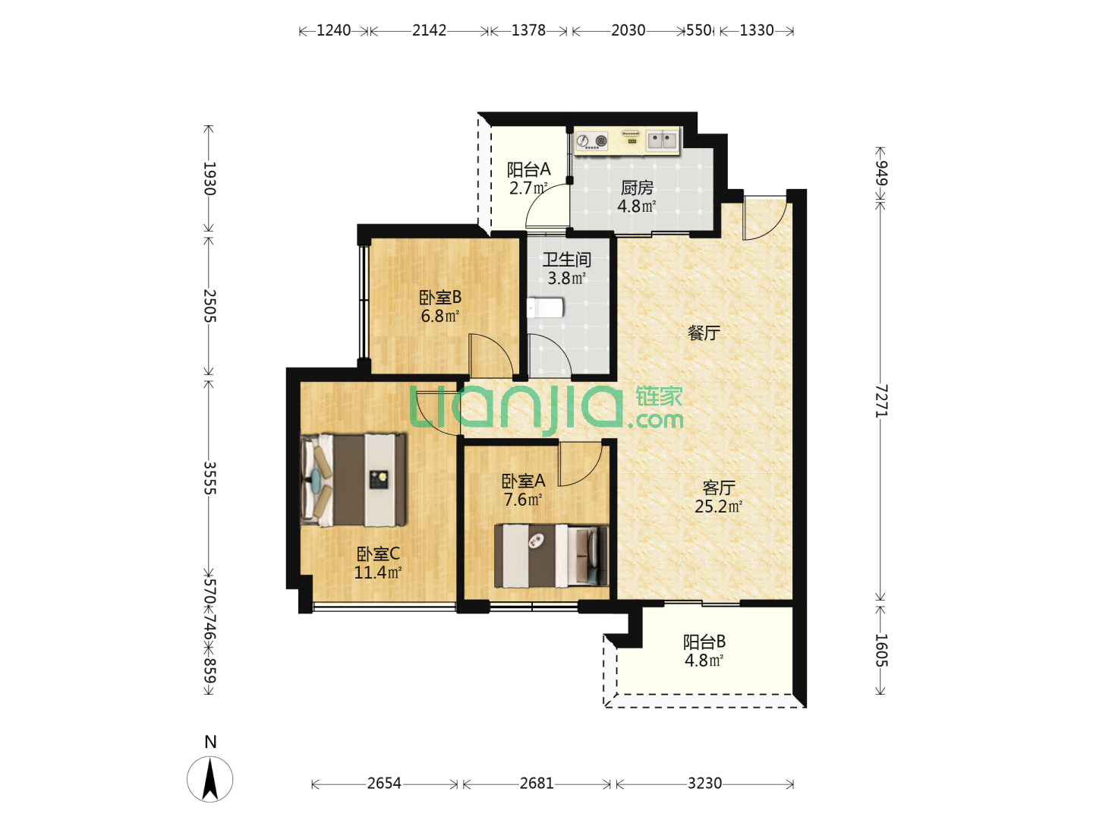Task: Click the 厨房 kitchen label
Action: (x=636, y=188)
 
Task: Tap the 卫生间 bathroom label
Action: (x=567, y=260)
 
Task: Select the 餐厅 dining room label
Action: (x=704, y=333)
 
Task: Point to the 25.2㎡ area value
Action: (x=718, y=506)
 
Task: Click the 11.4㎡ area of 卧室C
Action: (x=377, y=572)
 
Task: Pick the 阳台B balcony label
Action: (x=704, y=642)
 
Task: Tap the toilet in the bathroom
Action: (x=545, y=307)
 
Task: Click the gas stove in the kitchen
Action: (x=592, y=141)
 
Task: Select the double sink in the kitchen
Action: (x=662, y=140)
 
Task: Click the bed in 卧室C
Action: (x=353, y=479)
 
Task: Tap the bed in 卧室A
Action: (x=551, y=556)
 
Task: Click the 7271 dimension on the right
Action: (x=881, y=401)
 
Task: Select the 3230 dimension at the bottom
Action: (x=704, y=784)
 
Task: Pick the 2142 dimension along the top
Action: (x=429, y=30)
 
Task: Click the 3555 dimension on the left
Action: (x=209, y=478)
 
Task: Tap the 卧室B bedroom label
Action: (x=439, y=297)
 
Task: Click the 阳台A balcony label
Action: (x=528, y=170)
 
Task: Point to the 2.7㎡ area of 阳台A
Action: (x=528, y=188)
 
